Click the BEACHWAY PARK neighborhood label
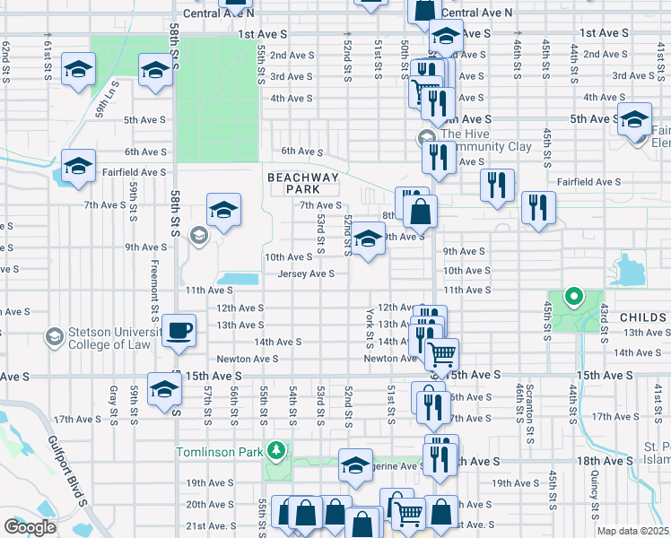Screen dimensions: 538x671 (304, 184)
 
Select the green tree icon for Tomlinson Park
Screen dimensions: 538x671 (278, 449)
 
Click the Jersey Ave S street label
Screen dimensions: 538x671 (306, 273)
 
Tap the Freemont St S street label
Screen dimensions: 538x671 (154, 286)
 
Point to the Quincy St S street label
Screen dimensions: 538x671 (595, 499)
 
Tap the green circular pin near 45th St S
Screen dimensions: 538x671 (571, 296)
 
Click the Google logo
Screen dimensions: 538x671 (29, 527)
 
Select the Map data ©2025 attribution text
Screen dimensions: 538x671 (632, 531)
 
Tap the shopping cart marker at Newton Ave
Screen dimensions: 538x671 (440, 354)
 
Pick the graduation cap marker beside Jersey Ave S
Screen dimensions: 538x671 (367, 239)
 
